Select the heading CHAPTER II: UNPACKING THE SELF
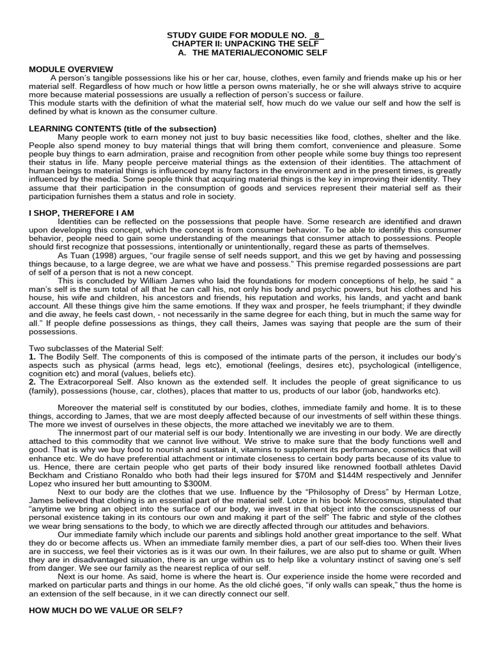tap(245, 43)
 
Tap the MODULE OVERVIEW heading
tap(71, 69)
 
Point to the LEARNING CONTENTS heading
tap(123, 129)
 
